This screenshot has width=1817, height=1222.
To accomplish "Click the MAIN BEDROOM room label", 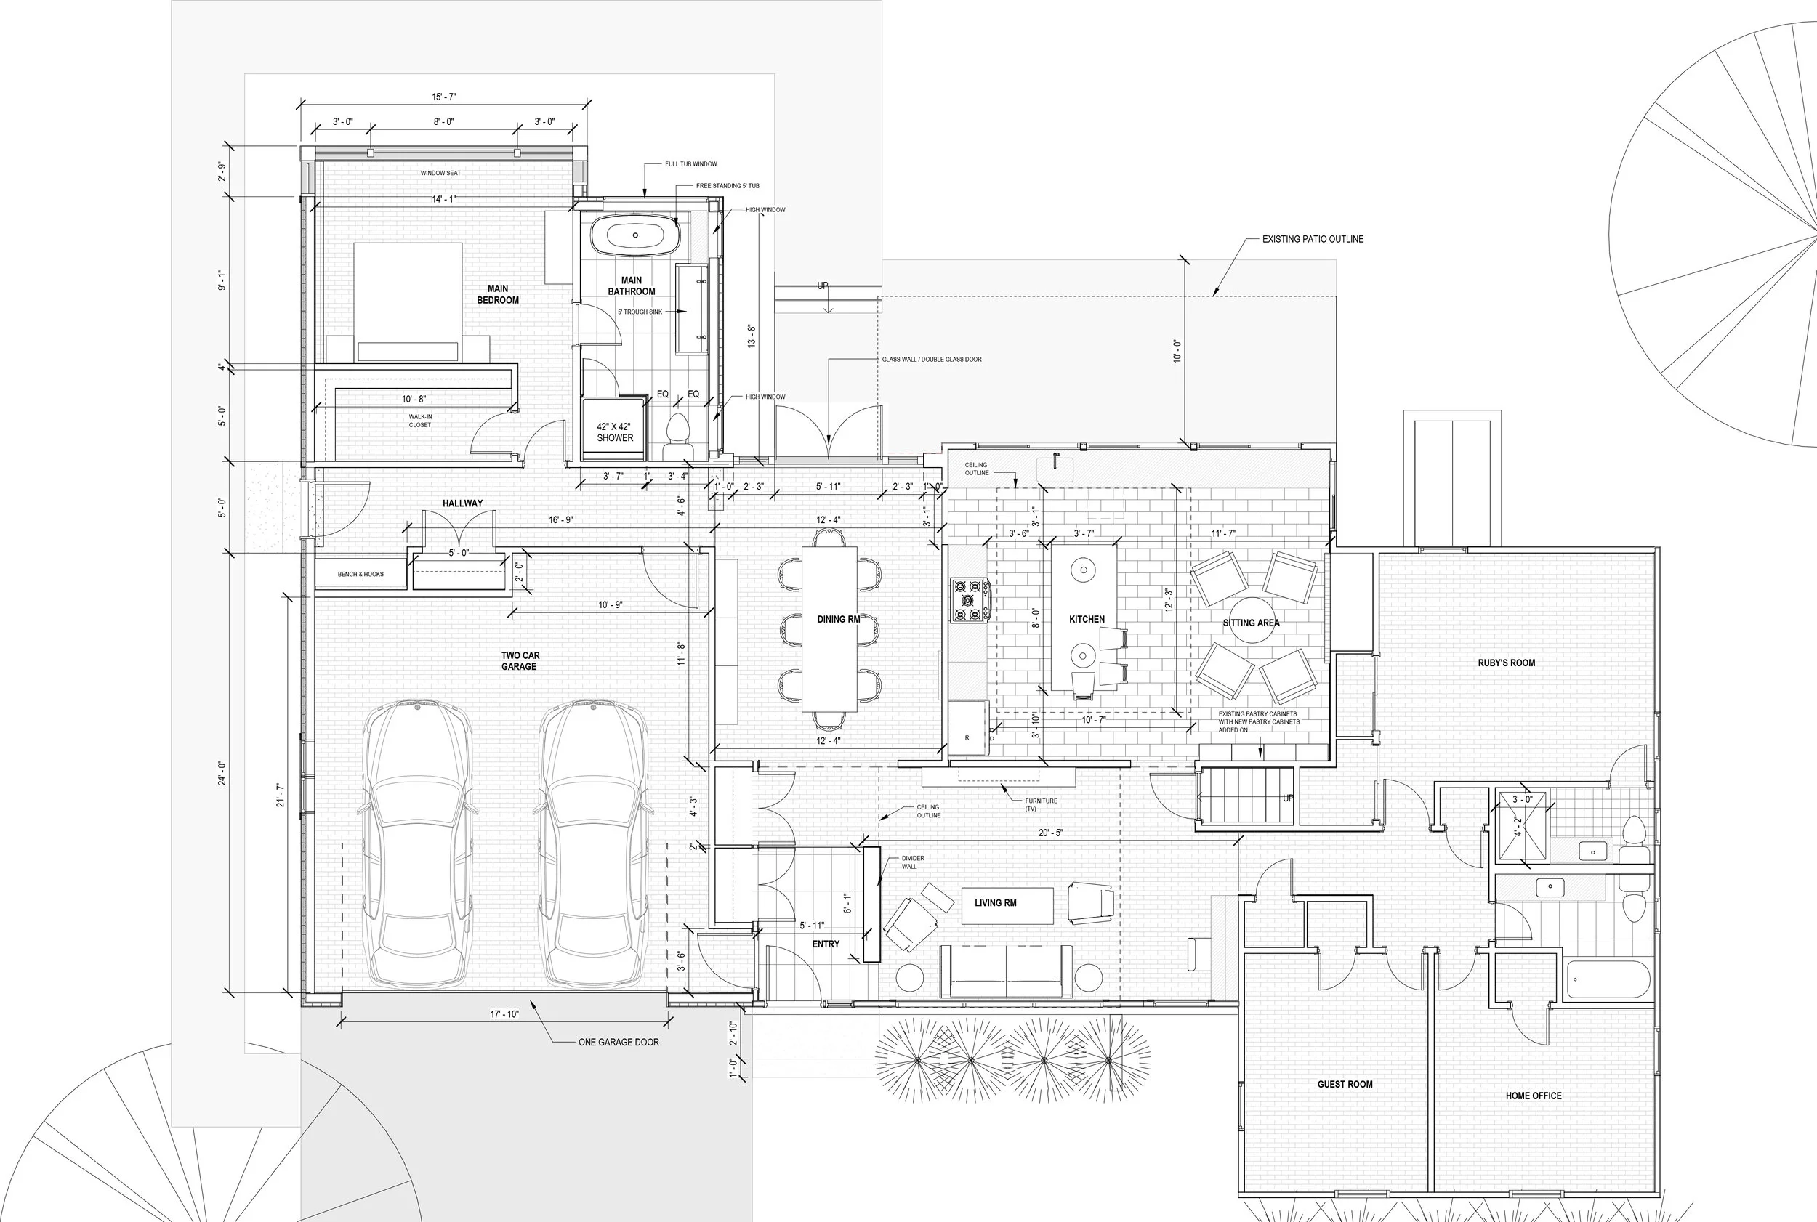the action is [x=497, y=294].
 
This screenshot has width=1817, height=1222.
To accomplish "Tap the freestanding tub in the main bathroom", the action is [x=634, y=234].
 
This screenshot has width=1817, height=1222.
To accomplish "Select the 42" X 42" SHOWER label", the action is [x=614, y=432].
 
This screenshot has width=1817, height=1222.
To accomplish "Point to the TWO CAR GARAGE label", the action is [x=520, y=661].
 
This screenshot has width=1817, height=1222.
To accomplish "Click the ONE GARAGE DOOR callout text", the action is [x=618, y=1042].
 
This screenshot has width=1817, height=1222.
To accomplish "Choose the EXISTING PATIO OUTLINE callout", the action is [x=1313, y=239].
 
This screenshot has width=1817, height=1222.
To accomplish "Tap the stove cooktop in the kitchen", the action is [x=969, y=600].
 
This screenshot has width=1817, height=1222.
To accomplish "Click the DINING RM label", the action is [x=838, y=620].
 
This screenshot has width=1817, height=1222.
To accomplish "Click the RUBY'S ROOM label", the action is [x=1506, y=663].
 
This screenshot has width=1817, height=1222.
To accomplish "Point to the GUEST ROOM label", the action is [x=1345, y=1084].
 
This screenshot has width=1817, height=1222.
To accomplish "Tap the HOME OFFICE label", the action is [x=1534, y=1096].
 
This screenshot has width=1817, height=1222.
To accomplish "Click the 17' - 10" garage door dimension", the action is [x=504, y=1014].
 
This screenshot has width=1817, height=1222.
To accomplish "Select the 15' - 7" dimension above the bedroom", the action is [x=443, y=97].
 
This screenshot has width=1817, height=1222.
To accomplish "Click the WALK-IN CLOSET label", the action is [x=420, y=421].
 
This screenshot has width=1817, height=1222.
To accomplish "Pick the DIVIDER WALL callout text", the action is [x=912, y=862].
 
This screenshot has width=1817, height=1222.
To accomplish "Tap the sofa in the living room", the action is [x=1006, y=971].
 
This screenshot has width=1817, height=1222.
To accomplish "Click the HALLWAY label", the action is [x=462, y=503].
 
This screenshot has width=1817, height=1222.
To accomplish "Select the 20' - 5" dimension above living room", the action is [x=1050, y=833].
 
